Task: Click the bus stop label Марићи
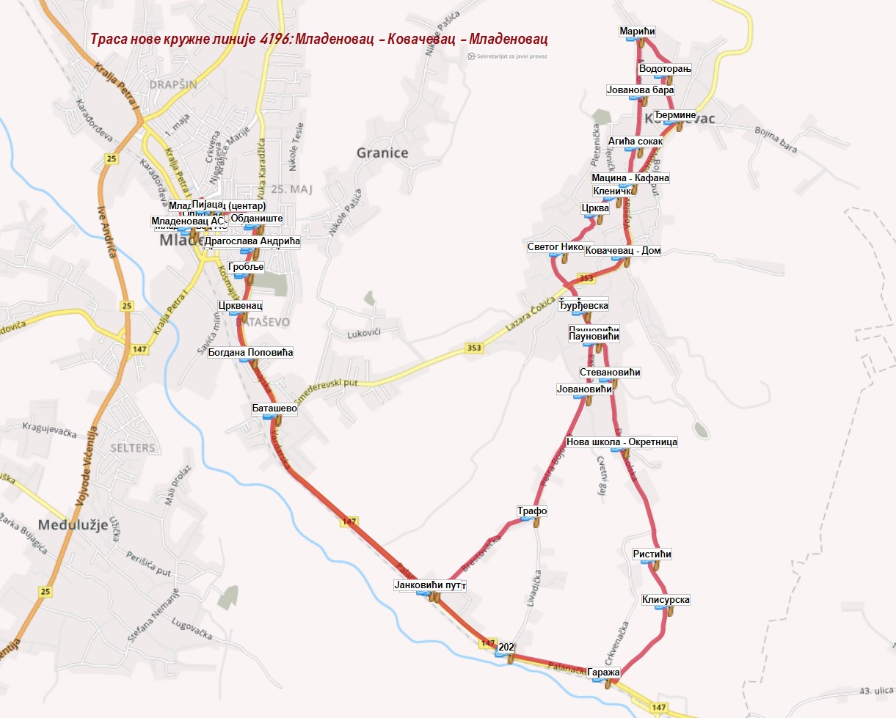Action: [636, 32]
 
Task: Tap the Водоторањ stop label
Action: [665, 69]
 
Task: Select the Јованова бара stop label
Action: [640, 90]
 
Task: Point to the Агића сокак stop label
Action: [635, 142]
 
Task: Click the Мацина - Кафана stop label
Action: [630, 178]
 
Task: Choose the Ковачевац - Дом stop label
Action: [623, 251]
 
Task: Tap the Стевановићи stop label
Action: [609, 373]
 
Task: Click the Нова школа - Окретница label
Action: [622, 442]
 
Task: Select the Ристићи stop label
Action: [652, 554]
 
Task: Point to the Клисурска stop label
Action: [666, 600]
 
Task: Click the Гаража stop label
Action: [604, 673]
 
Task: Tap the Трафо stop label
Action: [532, 511]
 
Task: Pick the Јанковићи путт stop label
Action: [430, 585]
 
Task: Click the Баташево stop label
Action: [274, 408]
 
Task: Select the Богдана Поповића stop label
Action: [250, 353]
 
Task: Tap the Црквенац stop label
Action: [240, 305]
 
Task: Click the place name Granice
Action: [381, 153]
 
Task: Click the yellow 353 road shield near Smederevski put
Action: [474, 348]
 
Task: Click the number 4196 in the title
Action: [274, 38]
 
